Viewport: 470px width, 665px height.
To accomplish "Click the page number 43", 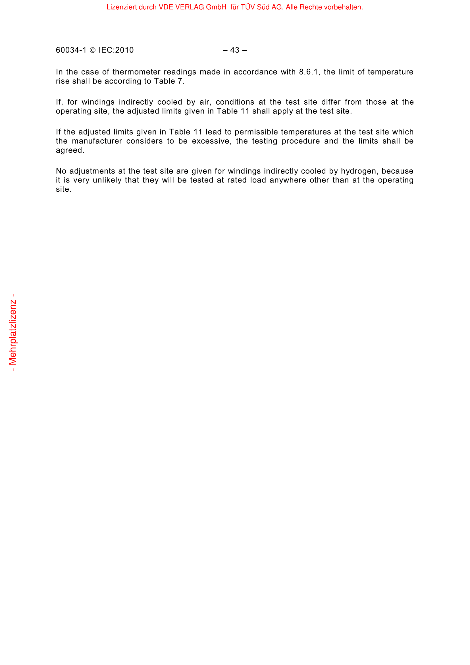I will (x=235, y=50).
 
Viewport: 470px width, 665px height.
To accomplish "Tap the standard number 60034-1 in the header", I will (x=71, y=50).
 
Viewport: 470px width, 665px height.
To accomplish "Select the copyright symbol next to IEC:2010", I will (x=93, y=50).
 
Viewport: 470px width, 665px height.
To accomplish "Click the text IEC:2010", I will (x=116, y=50).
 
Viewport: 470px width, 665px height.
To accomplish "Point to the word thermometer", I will (x=136, y=72).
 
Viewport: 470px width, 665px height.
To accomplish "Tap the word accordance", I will (x=255, y=72).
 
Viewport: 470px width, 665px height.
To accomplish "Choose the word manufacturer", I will (x=97, y=141).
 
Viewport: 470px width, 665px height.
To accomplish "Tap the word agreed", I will (x=70, y=150).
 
